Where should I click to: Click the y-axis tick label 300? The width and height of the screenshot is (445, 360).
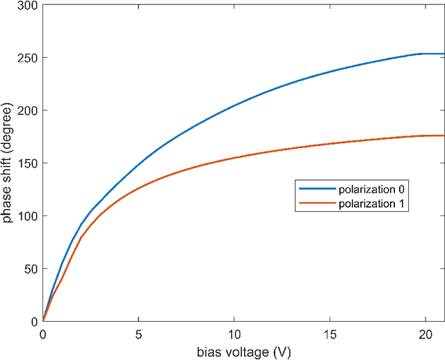pyautogui.click(x=27, y=6)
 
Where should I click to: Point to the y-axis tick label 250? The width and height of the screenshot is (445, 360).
pyautogui.click(x=27, y=58)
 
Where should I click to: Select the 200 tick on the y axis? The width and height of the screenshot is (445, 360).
pyautogui.click(x=27, y=111)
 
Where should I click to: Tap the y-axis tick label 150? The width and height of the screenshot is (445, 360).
pyautogui.click(x=27, y=163)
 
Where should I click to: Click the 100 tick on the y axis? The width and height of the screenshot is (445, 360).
pyautogui.click(x=27, y=216)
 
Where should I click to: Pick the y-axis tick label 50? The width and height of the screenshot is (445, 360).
pyautogui.click(x=30, y=269)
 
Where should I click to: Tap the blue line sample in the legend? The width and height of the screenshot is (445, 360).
pyautogui.click(x=313, y=188)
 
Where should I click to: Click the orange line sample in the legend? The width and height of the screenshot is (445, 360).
pyautogui.click(x=313, y=204)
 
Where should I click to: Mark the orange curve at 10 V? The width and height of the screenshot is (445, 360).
pyautogui.click(x=234, y=158)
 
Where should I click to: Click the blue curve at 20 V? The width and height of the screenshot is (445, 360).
pyautogui.click(x=425, y=54)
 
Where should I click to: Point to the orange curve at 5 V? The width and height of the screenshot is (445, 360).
pyautogui.click(x=138, y=190)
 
